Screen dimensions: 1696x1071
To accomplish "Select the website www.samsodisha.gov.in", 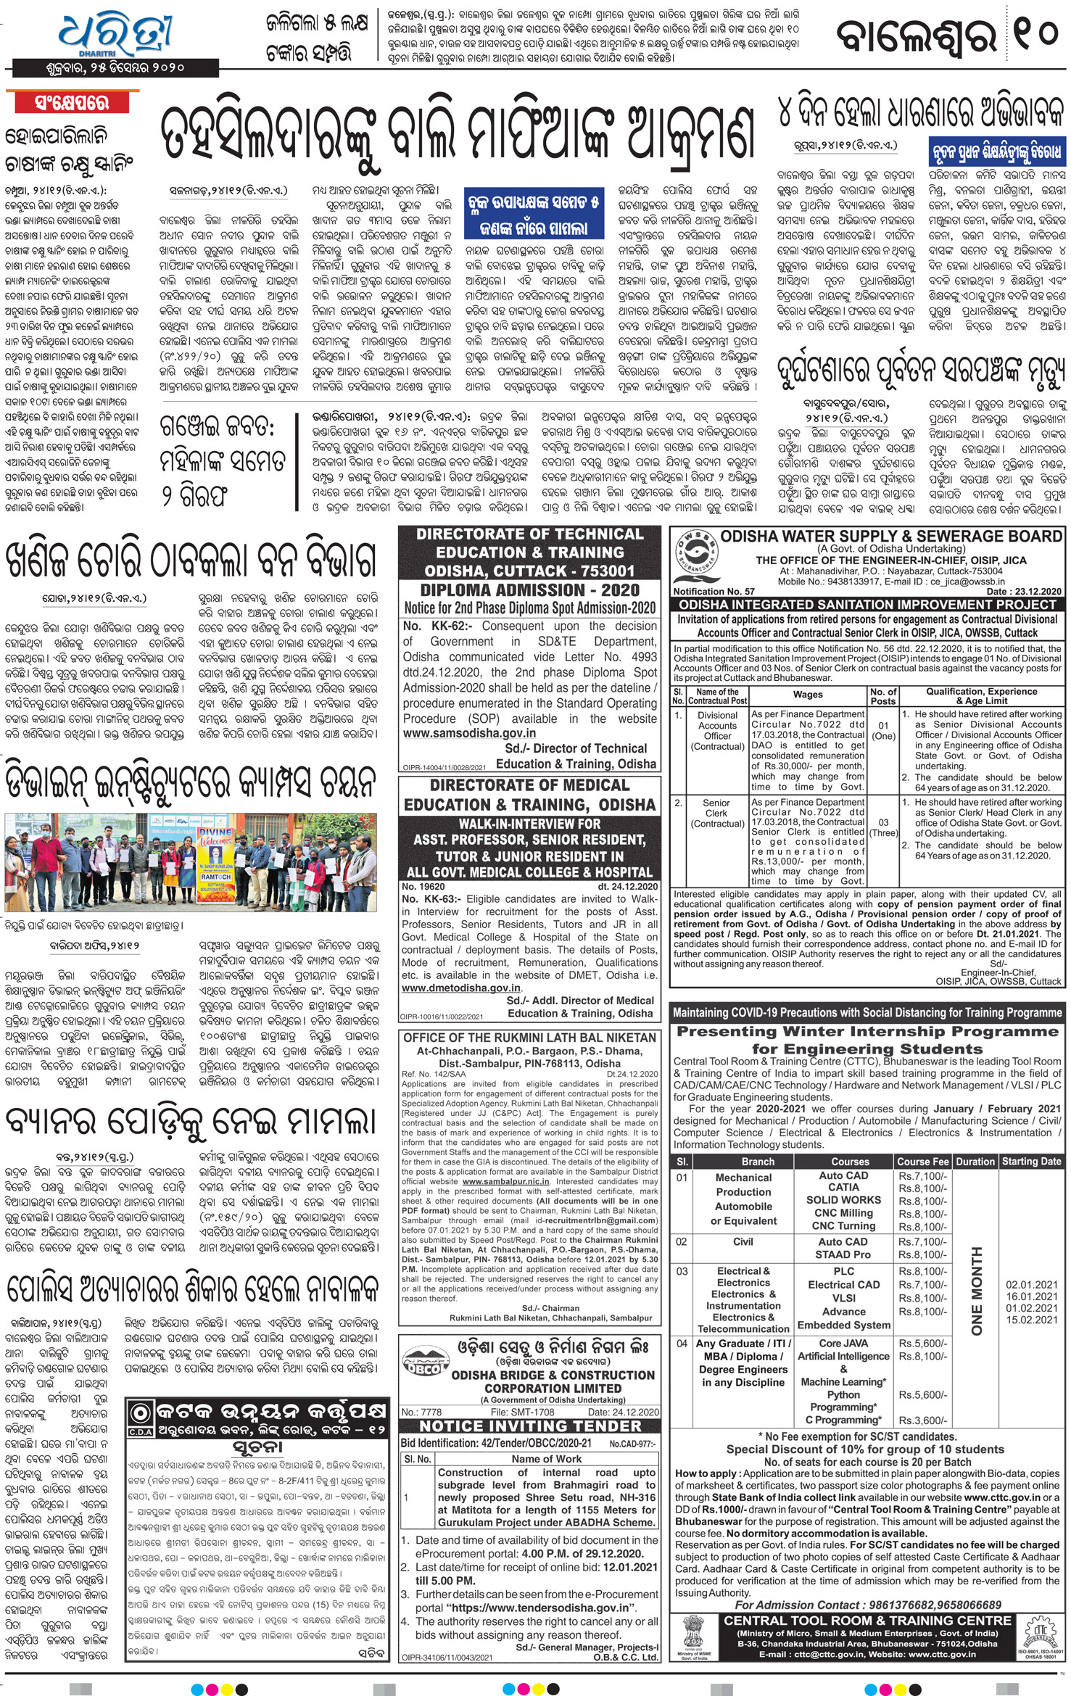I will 470,733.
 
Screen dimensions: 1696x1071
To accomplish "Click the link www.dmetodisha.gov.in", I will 461,988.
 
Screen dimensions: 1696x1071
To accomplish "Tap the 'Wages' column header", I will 808,694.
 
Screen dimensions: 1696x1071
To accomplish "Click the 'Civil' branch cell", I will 743,1241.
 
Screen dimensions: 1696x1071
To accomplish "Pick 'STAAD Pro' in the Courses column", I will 843,1254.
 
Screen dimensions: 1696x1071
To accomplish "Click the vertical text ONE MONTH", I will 977,1291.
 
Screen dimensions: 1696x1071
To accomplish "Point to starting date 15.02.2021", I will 1031,1320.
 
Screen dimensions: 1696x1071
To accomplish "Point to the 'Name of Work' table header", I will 546,1458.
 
